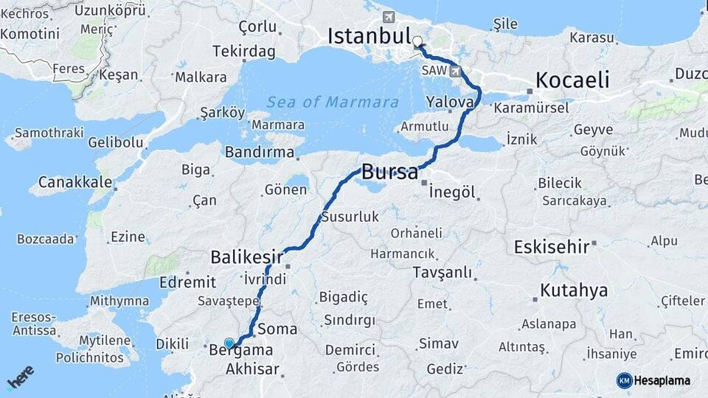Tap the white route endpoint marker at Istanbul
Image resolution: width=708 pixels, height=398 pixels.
click(418, 42)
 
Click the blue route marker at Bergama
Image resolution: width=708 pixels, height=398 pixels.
click(229, 343)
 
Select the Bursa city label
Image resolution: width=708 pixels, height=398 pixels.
click(390, 174)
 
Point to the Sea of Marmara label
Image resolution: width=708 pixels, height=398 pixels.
click(333, 102)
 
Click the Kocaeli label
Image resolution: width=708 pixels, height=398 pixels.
click(572, 80)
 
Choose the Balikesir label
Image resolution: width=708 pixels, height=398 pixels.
click(247, 257)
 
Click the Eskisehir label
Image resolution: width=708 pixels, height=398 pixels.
click(552, 246)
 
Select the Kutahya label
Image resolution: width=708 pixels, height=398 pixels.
click(574, 290)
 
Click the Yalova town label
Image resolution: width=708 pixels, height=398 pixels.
click(449, 102)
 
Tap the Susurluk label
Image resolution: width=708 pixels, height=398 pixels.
click(350, 217)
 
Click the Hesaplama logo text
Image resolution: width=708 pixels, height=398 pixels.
click(662, 380)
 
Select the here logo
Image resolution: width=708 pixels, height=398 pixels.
click(21, 377)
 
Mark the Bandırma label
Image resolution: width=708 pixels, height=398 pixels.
click(260, 153)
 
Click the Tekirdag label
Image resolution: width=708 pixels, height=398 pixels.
click(243, 52)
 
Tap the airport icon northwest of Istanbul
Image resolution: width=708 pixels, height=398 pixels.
click(389, 17)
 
